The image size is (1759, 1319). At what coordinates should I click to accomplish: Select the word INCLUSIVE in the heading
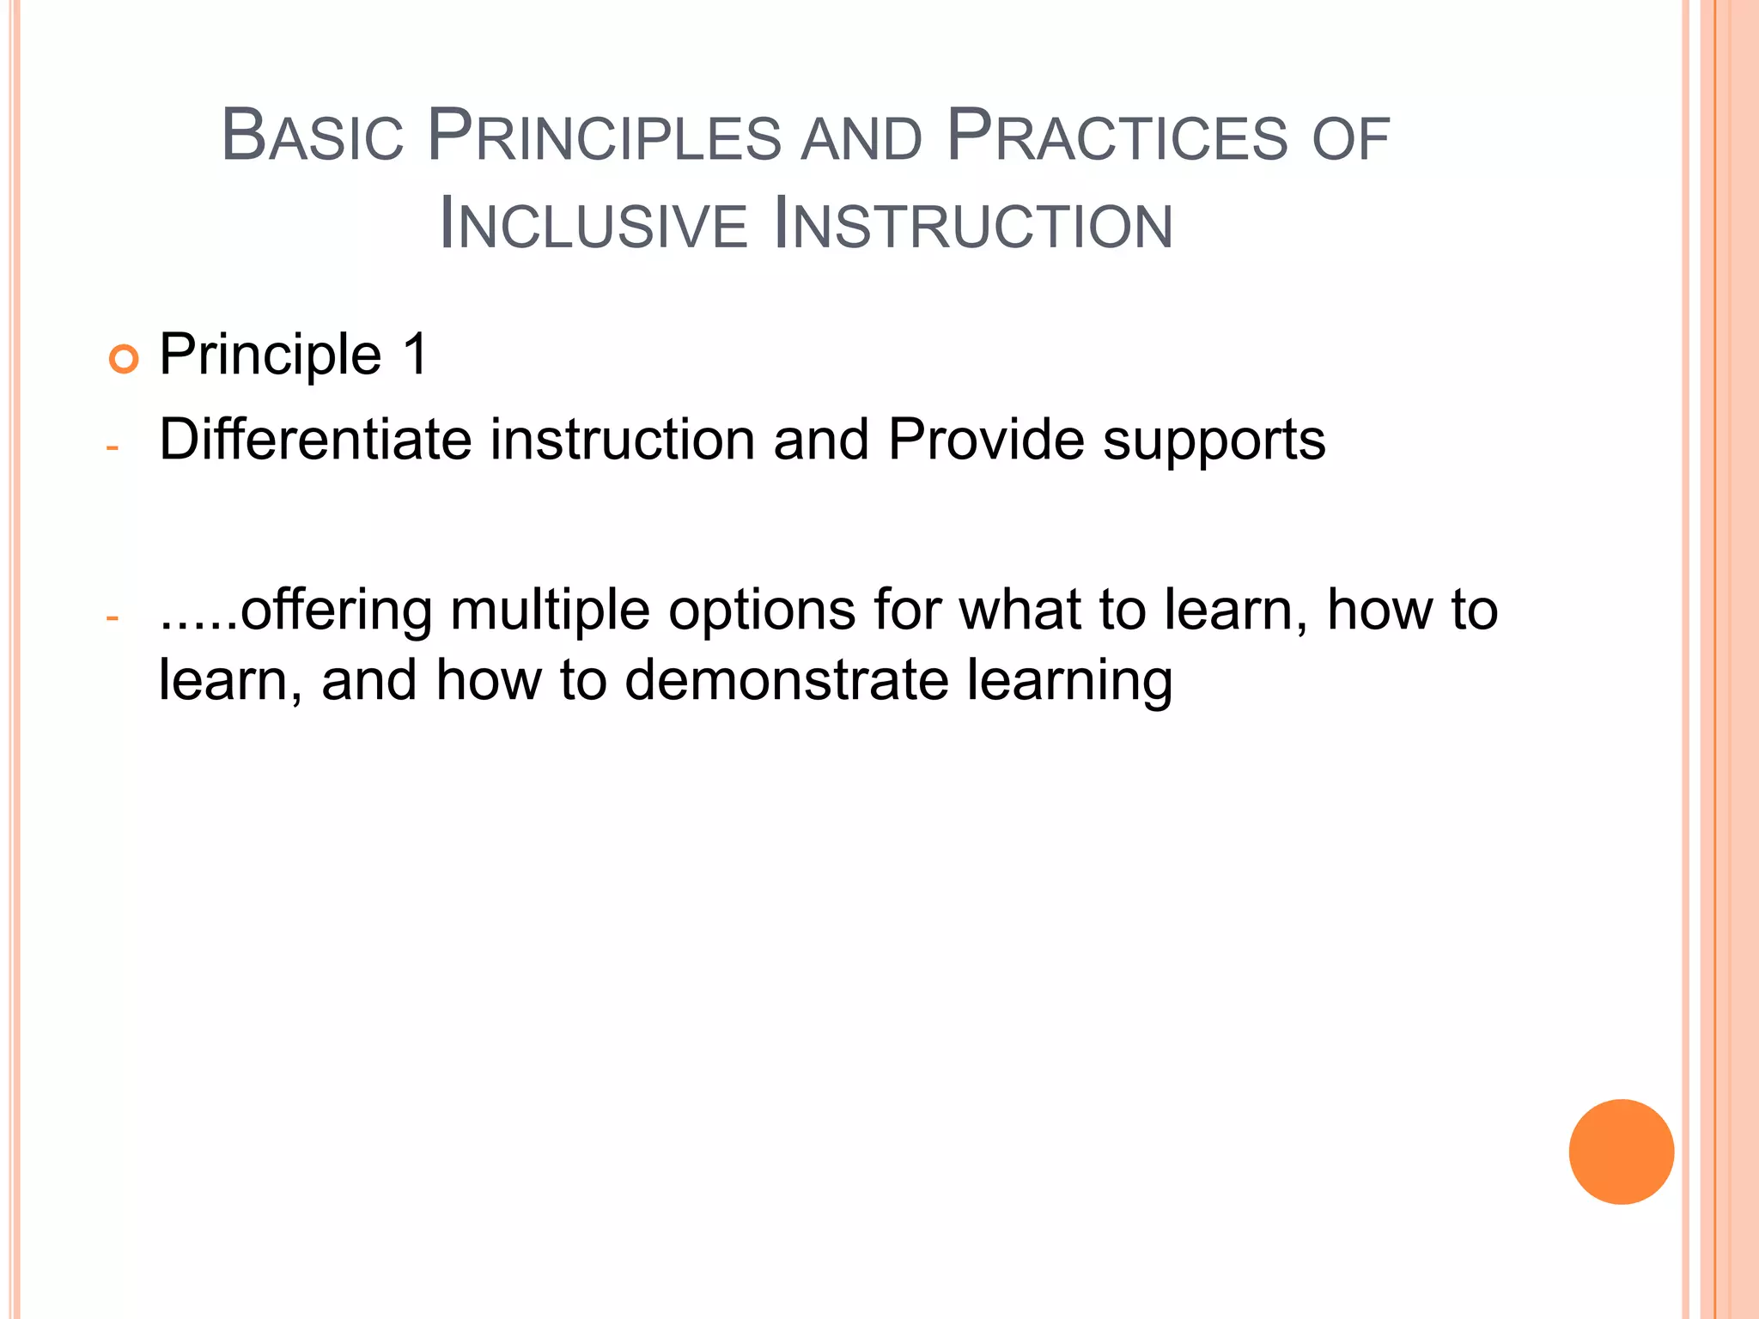593,225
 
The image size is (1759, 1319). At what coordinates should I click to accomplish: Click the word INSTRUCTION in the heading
973,225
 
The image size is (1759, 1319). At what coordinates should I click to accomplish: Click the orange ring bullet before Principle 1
124,358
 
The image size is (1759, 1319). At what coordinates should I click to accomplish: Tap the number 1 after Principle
415,354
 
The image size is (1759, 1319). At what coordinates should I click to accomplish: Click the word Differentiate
315,440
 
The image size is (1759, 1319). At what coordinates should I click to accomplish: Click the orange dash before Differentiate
112,447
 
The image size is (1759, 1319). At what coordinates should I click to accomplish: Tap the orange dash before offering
112,617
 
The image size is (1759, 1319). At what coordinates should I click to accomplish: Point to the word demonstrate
786,680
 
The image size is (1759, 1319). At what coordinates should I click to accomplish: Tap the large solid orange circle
1621,1152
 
